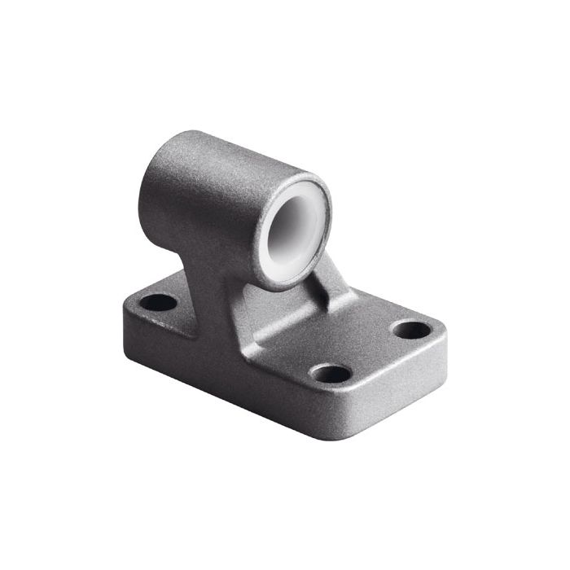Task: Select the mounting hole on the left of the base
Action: point(158,303)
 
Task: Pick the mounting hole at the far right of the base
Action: point(410,330)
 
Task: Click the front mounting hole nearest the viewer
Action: point(331,374)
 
